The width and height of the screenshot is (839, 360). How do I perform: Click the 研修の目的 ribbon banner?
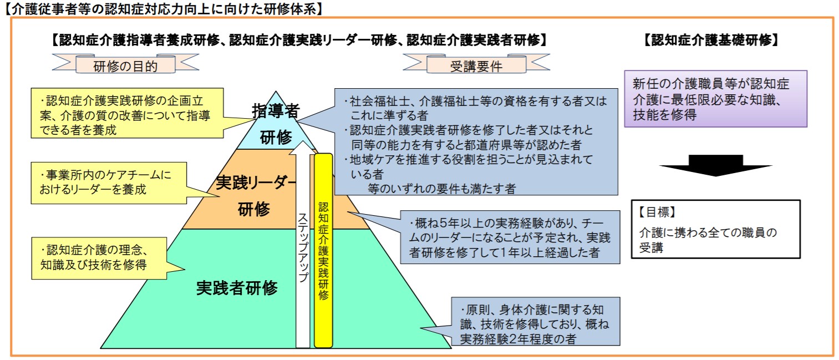pyautogui.click(x=125, y=64)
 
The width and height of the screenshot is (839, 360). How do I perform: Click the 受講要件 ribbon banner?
pyautogui.click(x=476, y=64)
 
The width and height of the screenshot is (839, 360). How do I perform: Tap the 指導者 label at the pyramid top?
pyautogui.click(x=276, y=111)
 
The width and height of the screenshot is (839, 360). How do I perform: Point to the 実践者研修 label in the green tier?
pyautogui.click(x=237, y=288)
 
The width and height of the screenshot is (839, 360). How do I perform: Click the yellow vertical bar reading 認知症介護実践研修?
pyautogui.click(x=323, y=250)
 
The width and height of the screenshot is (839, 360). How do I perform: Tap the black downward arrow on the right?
pyautogui.click(x=716, y=165)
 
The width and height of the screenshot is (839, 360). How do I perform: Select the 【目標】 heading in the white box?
pyautogui.click(x=657, y=212)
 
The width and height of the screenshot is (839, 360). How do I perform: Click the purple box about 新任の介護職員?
pyautogui.click(x=715, y=99)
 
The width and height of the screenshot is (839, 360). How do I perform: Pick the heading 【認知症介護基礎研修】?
pyautogui.click(x=711, y=40)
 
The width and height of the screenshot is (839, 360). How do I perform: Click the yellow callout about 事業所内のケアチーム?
pyautogui.click(x=109, y=183)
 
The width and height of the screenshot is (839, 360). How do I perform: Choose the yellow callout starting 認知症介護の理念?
pyautogui.click(x=99, y=258)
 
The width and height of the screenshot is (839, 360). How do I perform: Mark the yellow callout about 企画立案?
pyautogui.click(x=128, y=113)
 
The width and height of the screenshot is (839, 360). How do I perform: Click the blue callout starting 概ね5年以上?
pyautogui.click(x=510, y=237)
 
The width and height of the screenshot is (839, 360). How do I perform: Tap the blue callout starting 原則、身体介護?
pyautogui.click(x=535, y=321)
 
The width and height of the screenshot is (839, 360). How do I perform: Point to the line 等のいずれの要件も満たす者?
pyautogui.click(x=441, y=189)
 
